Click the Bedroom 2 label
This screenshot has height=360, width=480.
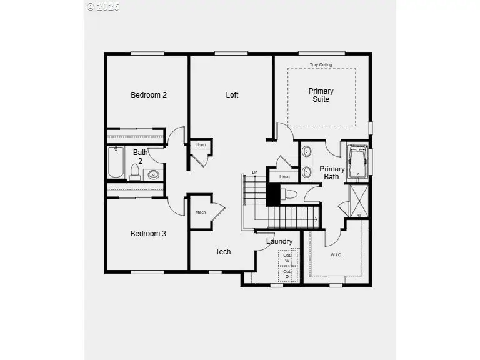148,95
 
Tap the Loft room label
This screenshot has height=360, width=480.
232,95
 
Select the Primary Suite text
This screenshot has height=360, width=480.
321,95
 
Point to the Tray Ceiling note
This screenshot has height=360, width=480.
321,65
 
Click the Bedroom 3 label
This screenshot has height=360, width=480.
148,234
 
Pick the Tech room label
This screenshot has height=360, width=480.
223,252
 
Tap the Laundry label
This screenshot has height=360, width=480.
279,241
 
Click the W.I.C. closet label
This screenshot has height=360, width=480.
336,255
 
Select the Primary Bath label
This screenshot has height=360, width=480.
332,172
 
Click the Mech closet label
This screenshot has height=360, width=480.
201,212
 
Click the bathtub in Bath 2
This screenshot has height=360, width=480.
116,162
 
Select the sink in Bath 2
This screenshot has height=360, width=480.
154,174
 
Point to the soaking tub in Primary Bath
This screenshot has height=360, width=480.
357,161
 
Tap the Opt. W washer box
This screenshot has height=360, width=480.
287,258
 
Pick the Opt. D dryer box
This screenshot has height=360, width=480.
287,274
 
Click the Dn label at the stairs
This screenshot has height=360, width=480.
254,172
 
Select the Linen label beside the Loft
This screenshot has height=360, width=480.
201,145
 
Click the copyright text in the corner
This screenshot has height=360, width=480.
102,7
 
